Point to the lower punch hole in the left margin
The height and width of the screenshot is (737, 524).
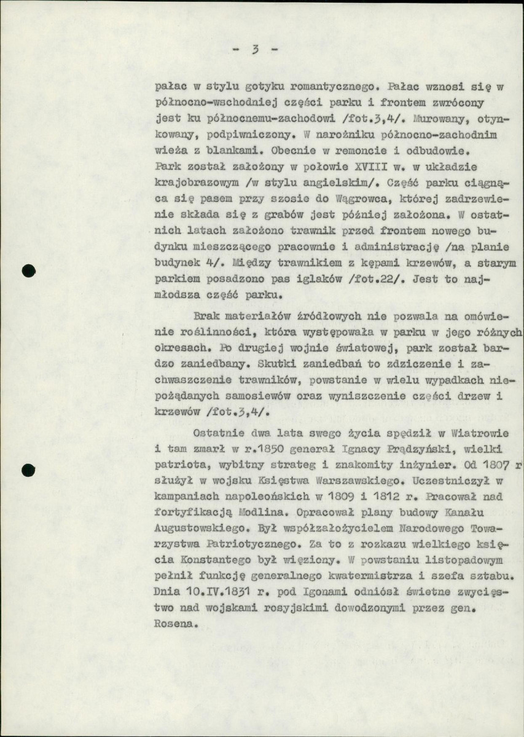click(x=26, y=471)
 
